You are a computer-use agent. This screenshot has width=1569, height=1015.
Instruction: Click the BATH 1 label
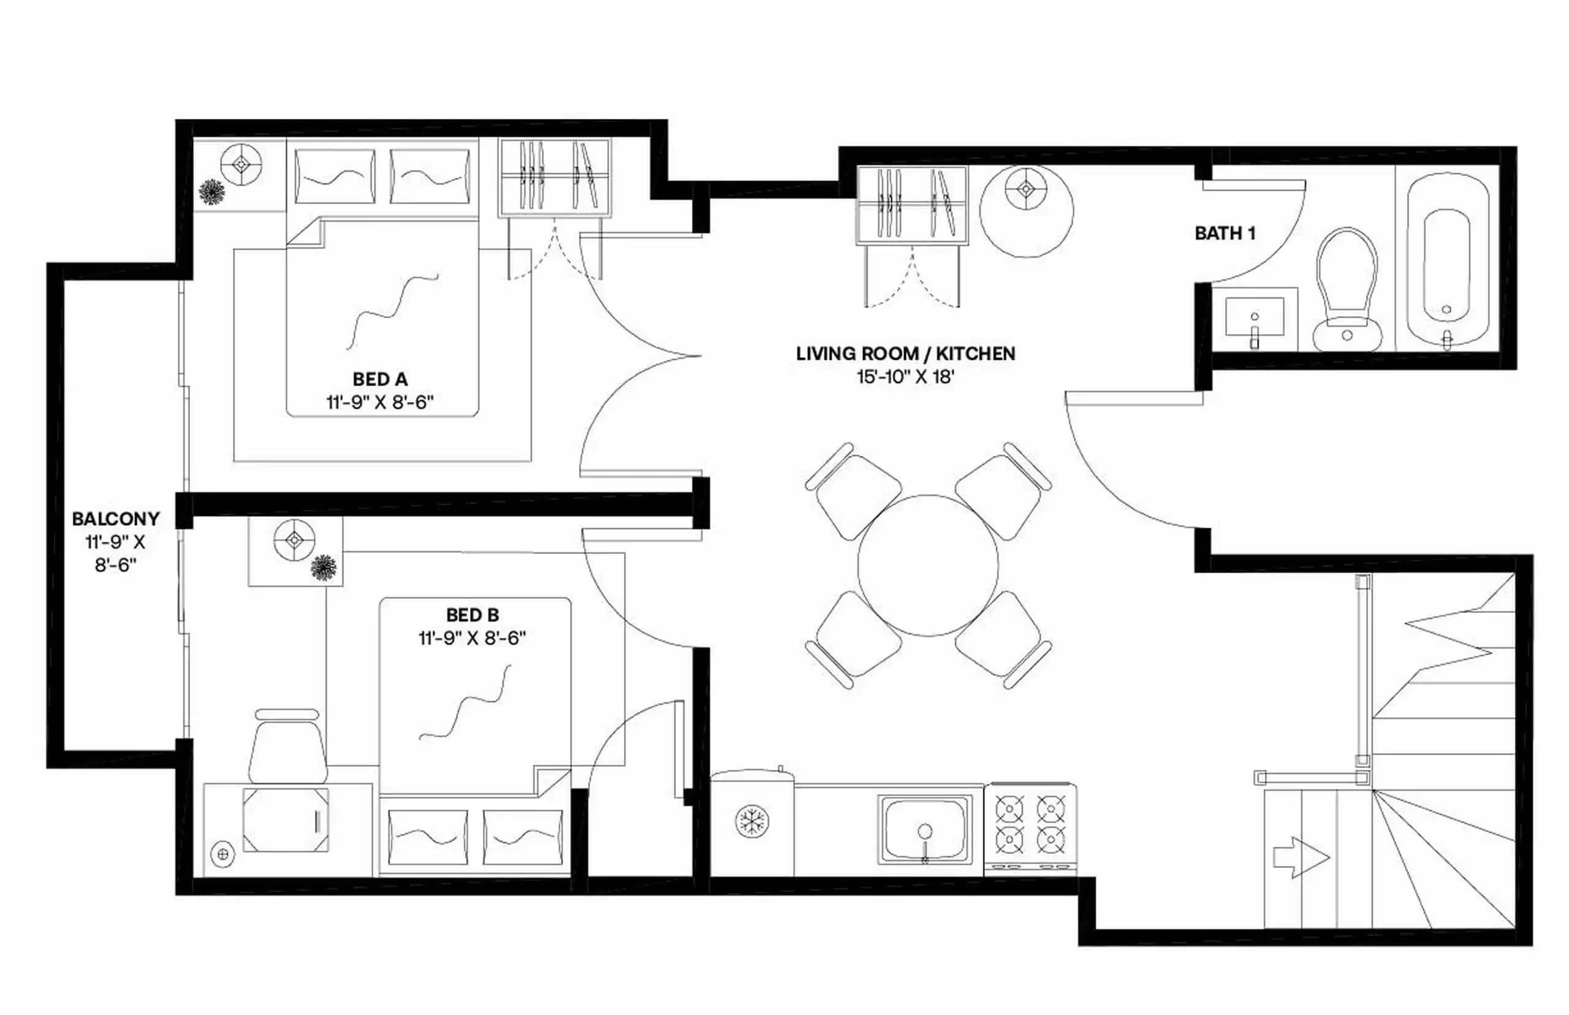click(1225, 234)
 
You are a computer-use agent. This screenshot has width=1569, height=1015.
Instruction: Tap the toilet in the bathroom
click(1347, 290)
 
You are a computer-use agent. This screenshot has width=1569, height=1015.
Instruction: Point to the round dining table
click(928, 566)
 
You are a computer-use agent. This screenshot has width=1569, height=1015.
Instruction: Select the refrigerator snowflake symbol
click(752, 822)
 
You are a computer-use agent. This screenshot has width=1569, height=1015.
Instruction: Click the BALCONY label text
click(115, 519)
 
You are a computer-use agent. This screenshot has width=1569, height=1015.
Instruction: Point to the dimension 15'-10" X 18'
click(905, 377)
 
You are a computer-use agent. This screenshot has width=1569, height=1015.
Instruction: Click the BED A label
click(379, 379)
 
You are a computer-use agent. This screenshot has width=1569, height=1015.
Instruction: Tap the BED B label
click(472, 615)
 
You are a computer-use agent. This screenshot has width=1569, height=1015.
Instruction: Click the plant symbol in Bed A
click(212, 192)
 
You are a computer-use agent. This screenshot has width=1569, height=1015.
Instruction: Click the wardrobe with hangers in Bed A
click(554, 177)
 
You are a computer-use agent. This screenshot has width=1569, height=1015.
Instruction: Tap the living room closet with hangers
click(911, 204)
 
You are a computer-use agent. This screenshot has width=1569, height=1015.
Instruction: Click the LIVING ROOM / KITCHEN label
click(905, 354)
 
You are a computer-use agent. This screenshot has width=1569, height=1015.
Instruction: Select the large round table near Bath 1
click(1026, 211)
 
